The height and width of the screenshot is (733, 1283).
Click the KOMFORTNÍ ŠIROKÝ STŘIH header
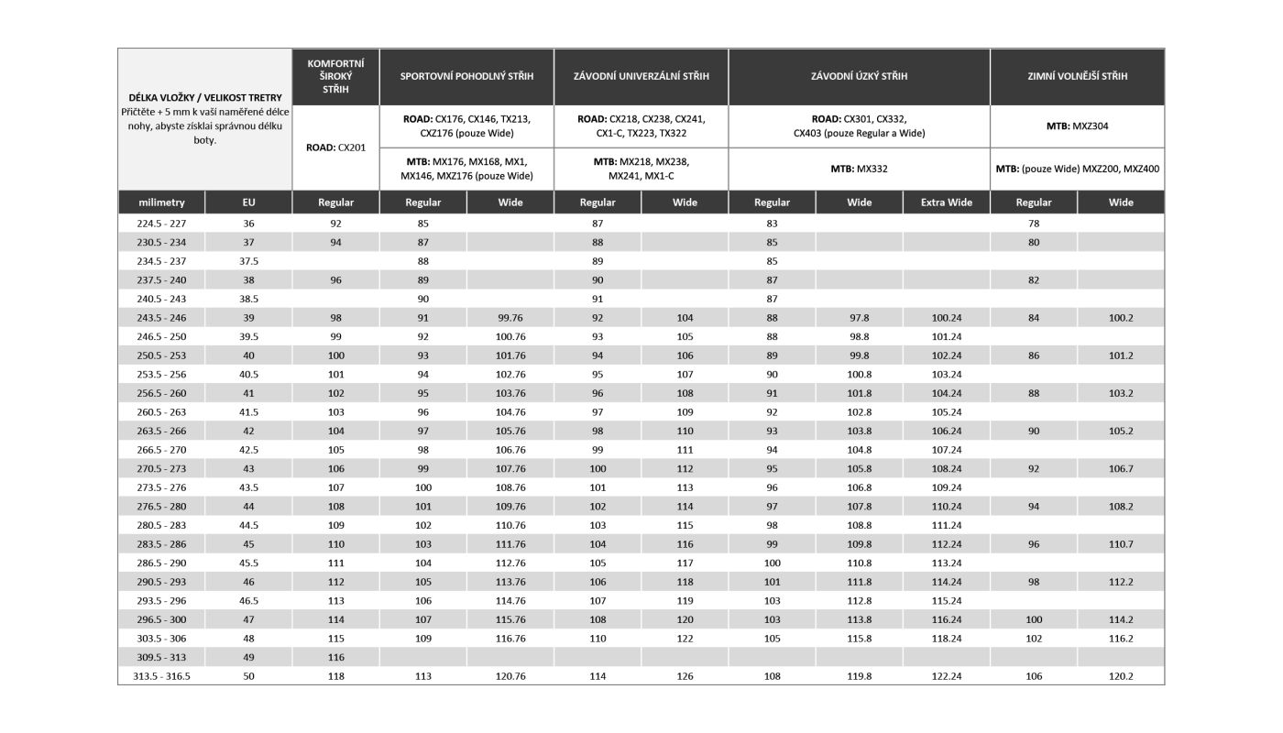335,76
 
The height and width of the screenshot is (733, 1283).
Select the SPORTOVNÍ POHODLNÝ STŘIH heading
466,76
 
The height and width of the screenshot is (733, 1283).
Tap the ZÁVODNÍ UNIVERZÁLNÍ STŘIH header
641,76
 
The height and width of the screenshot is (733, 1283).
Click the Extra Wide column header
946,202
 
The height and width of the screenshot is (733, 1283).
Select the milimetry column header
161,202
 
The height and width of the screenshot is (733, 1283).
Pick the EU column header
248,202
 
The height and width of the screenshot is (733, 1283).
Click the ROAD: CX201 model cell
335,147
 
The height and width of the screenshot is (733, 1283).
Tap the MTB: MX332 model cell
859,169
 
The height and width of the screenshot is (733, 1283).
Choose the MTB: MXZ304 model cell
1077,126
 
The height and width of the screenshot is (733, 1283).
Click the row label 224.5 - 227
161,224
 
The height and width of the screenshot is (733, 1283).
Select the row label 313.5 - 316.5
161,676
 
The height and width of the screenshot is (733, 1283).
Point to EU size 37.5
248,261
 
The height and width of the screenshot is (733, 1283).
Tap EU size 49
248,657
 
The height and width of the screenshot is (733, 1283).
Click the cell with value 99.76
510,318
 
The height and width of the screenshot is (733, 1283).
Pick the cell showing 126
685,676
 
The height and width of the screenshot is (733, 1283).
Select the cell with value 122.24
946,676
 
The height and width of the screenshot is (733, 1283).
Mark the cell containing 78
1034,224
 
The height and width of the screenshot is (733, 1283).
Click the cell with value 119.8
859,676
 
